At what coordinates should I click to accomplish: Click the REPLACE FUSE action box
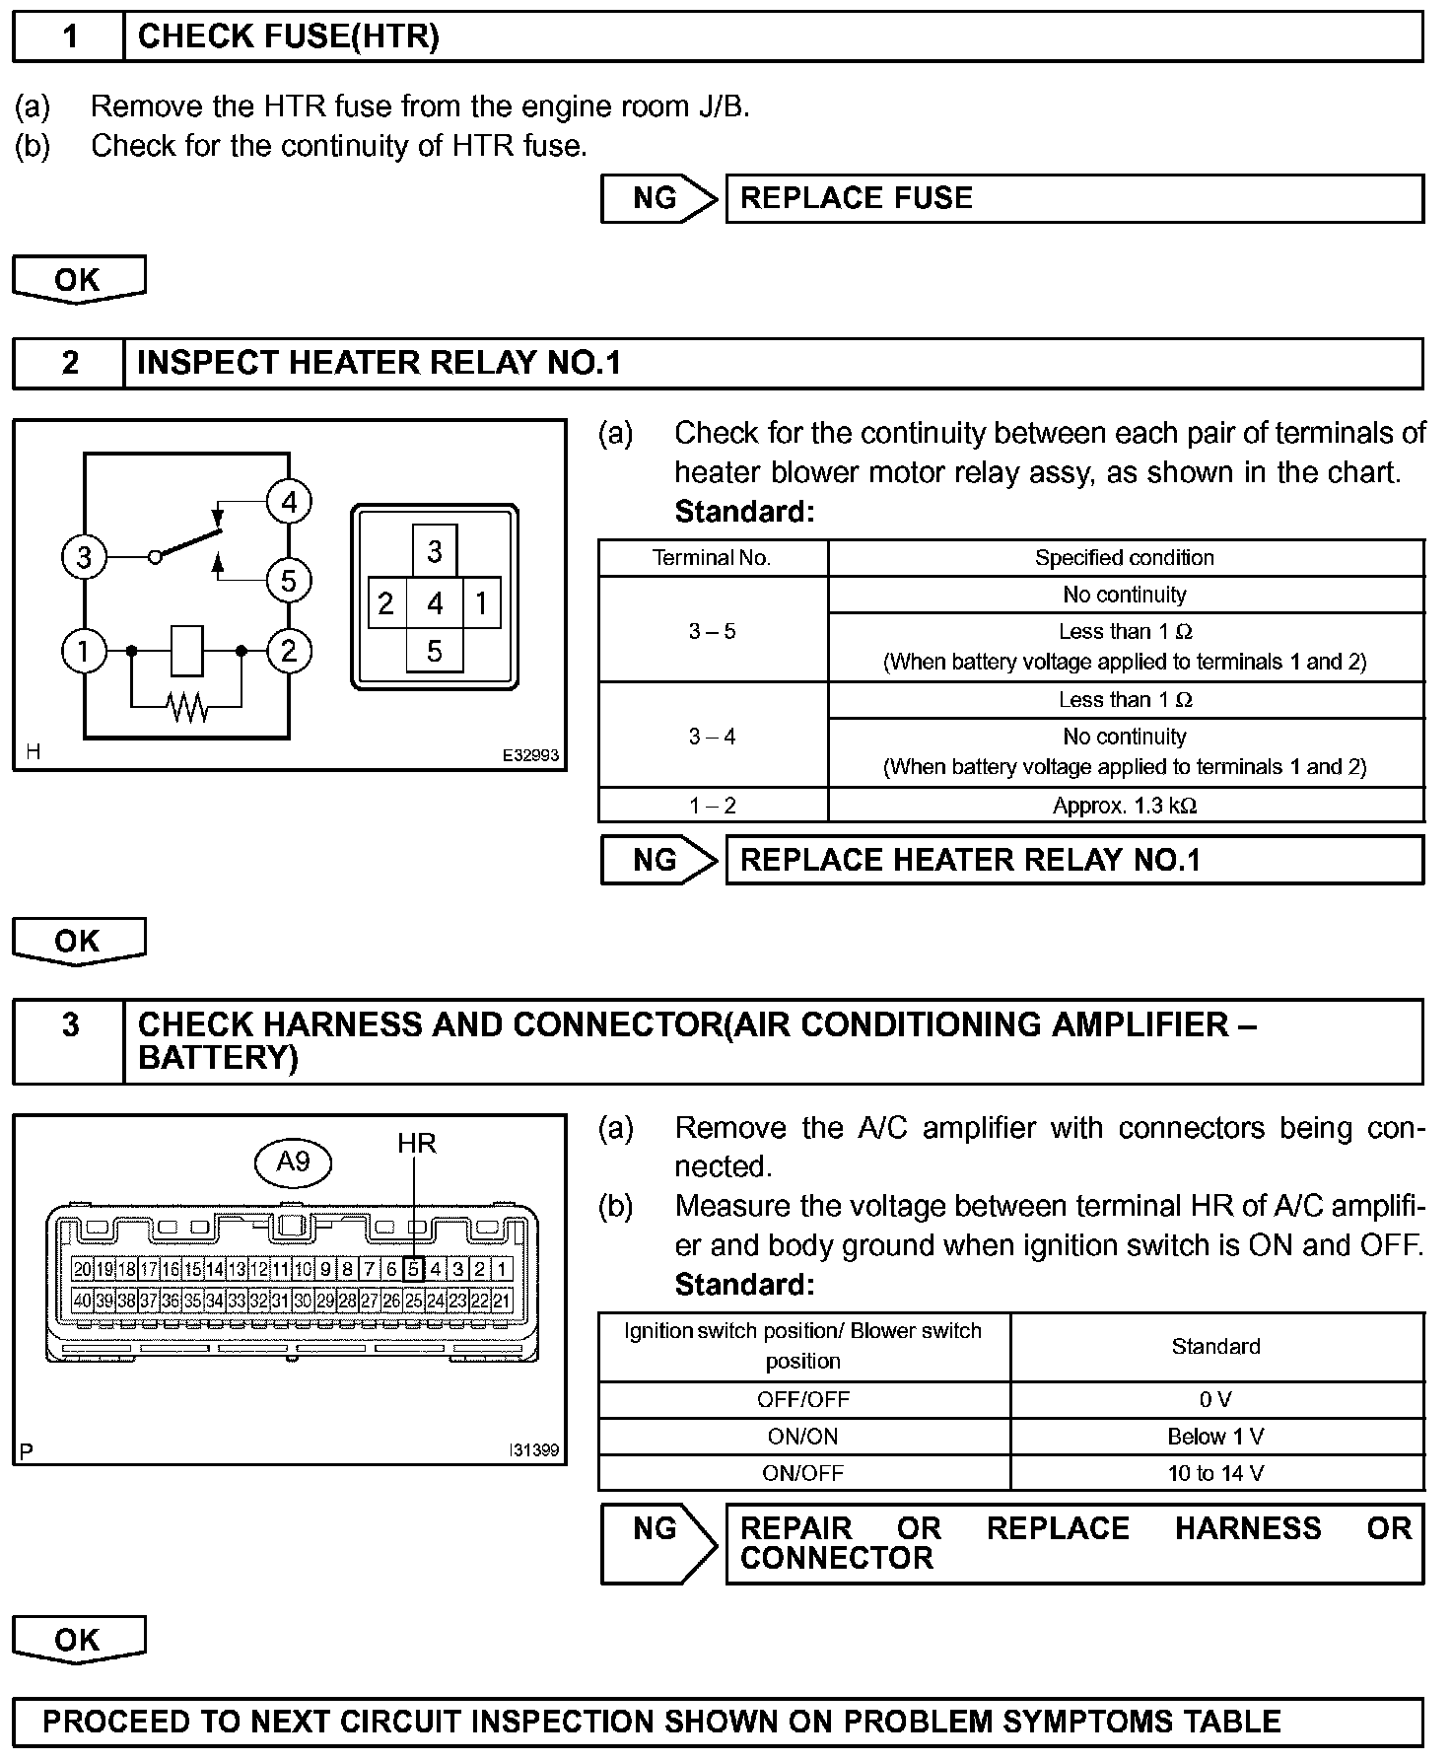(1073, 199)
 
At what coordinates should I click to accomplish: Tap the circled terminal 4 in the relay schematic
(289, 503)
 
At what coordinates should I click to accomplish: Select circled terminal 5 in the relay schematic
(289, 581)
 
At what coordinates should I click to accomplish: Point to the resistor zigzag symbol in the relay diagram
(187, 706)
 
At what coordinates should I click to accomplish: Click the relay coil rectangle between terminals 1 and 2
(187, 651)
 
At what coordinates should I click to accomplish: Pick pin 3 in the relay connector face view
(435, 551)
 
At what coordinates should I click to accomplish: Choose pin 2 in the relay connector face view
(386, 603)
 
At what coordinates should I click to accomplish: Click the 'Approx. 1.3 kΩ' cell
(1125, 806)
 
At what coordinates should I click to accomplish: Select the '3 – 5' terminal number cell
(712, 631)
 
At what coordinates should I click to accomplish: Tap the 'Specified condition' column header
(1125, 558)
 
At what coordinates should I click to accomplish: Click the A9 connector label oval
(294, 1162)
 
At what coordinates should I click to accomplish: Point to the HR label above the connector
(416, 1144)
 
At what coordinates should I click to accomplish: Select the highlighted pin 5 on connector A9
(415, 1270)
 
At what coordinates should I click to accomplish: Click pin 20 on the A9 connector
(83, 1270)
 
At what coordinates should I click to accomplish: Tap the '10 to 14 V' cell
(1215, 1473)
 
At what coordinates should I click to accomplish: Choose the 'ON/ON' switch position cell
(803, 1437)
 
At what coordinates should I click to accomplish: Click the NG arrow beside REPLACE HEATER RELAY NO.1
(658, 861)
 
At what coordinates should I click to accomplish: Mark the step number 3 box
(70, 1040)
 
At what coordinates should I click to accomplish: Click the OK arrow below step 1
(79, 280)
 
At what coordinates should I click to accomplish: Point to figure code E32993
(530, 755)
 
